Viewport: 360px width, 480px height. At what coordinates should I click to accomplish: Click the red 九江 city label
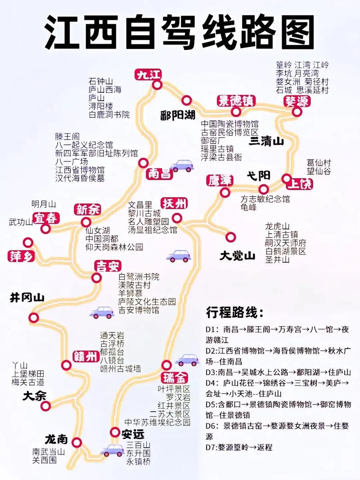pos(149,75)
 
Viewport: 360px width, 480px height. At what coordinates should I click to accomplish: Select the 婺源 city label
pos(297,101)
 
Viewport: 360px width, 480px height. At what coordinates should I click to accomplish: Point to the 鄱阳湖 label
pos(177,115)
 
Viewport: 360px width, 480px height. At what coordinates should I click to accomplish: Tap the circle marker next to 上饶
pos(286,178)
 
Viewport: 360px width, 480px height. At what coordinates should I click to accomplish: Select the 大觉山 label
pos(237,256)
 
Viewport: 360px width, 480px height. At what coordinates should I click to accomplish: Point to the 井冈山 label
pos(27,297)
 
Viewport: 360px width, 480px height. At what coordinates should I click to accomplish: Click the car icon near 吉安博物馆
pos(102,312)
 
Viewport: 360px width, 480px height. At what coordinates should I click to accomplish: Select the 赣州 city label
pos(85,357)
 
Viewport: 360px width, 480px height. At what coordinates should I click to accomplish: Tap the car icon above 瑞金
pos(187,359)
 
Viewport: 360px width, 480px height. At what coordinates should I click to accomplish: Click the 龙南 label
pos(56,439)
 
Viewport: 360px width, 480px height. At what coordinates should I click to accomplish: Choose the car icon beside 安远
pos(112,450)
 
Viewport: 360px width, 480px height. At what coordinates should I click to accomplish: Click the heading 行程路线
pos(235,312)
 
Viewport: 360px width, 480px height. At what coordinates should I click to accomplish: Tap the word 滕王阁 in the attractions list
pos(67,136)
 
